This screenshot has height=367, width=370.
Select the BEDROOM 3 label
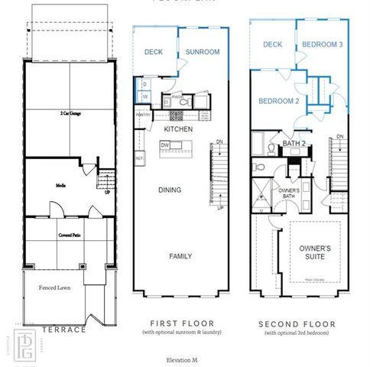coord(322,45)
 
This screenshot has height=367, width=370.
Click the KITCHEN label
coord(177,129)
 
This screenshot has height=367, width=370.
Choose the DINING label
coord(170,190)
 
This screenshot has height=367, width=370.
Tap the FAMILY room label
coord(180,256)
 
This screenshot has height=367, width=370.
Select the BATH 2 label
coord(294,143)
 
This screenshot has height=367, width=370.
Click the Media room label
coord(60,185)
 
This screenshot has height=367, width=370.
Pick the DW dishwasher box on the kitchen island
coord(164,145)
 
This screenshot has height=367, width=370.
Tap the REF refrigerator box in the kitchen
coord(139,158)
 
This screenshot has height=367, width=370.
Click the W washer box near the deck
coord(144,97)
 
